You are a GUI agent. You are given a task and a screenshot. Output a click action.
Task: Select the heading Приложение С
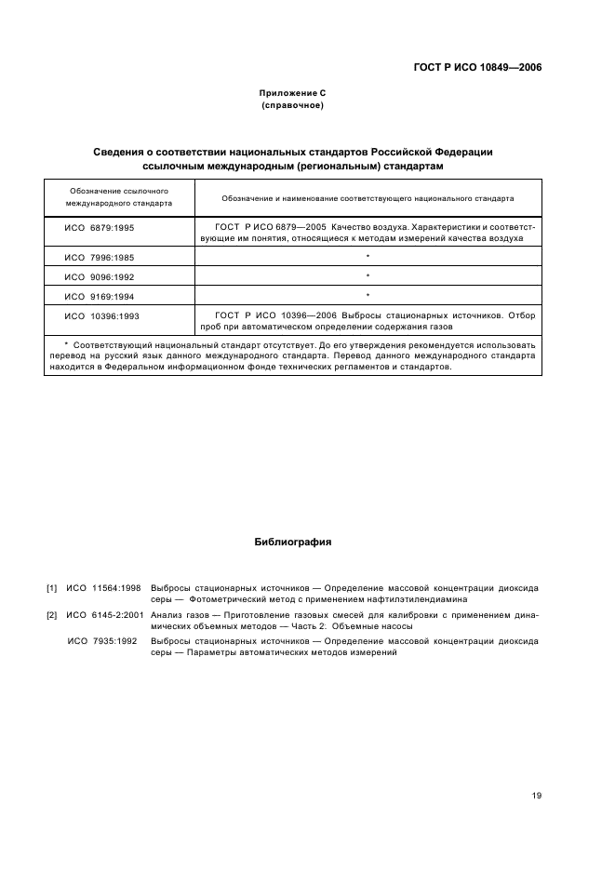[292, 94]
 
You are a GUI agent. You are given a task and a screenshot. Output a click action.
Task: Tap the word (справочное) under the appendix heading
[292, 106]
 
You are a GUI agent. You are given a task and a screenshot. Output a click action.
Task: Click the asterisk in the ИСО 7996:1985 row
[368, 257]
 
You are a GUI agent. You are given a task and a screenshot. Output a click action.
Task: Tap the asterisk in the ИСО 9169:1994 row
[368, 296]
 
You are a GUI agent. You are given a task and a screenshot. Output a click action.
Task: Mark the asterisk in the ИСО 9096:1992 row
[368, 276]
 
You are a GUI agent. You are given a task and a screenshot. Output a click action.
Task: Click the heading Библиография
[292, 541]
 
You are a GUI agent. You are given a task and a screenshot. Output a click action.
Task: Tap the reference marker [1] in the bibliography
[52, 589]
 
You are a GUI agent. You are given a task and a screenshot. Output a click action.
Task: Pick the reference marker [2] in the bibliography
[52, 615]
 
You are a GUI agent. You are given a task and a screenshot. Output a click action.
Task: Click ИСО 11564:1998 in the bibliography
[103, 589]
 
